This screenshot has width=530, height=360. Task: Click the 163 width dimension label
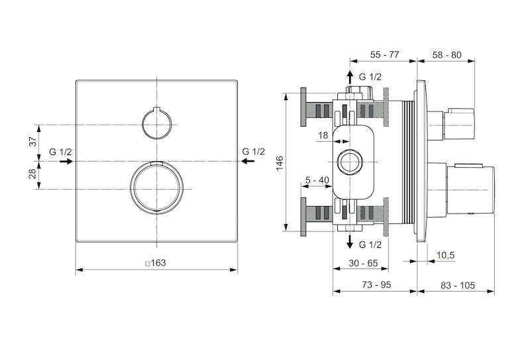point(158,263)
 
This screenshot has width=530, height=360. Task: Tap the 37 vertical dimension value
point(32,141)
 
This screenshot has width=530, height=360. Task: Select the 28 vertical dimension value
point(32,174)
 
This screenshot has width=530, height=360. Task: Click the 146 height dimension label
point(280,163)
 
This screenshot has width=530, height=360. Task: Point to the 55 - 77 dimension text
point(385,54)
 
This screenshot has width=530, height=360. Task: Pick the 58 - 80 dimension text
point(447,55)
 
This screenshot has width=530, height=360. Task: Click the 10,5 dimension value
point(445,255)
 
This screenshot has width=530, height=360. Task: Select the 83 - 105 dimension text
point(458,285)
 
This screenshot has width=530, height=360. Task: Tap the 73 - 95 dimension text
point(376,285)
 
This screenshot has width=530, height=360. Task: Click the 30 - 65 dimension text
point(363,263)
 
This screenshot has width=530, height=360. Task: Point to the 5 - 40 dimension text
point(317,180)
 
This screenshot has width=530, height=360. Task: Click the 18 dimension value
point(323,135)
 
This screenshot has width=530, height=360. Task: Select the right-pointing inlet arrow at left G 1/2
point(66,161)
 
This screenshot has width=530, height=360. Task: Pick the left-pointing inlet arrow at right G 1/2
point(248,161)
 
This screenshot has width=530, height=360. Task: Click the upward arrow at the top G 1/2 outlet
point(350,77)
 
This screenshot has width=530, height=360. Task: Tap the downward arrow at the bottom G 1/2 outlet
point(350,242)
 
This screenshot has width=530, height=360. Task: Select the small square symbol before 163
point(147,264)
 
